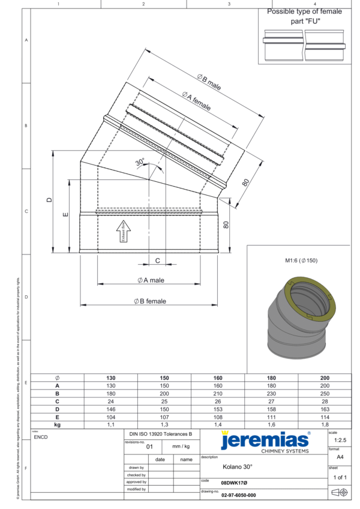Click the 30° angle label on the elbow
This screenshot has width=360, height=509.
point(140,163)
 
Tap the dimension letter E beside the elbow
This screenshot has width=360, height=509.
point(65,214)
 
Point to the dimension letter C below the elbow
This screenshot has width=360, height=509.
point(157,261)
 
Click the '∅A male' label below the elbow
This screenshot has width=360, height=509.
point(150,280)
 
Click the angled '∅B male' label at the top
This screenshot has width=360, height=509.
point(209,82)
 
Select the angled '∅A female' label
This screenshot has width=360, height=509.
point(197,100)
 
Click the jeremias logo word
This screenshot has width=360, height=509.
point(264,441)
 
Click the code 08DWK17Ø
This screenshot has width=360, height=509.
point(234,482)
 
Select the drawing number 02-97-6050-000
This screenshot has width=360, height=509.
point(239,495)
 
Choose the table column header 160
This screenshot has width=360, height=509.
point(218,378)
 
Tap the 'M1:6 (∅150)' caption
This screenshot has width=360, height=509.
point(304,261)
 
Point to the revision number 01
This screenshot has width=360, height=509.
point(150,447)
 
